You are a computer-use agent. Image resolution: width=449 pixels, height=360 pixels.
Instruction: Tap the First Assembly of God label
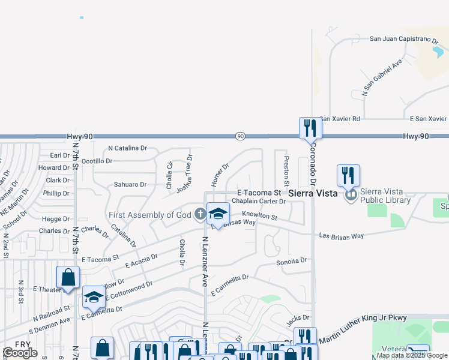(x=149, y=215)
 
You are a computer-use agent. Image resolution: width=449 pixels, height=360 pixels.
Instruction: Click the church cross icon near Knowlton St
(x=200, y=214)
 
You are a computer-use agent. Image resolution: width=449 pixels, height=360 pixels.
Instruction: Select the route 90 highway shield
(x=240, y=136)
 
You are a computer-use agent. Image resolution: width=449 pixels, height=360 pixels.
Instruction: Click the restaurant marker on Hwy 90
(x=310, y=128)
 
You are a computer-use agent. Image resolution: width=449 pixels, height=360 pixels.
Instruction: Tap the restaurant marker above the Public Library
(x=348, y=175)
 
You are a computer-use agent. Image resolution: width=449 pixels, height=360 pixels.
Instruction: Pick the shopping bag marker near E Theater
(x=68, y=277)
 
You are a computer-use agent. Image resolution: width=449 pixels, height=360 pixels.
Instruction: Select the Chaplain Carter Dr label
(x=258, y=201)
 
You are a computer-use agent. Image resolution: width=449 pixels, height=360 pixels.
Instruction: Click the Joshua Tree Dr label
(x=184, y=174)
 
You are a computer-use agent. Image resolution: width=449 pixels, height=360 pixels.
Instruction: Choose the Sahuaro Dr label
(x=130, y=185)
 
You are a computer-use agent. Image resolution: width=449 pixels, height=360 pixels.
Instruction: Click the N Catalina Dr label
(x=127, y=148)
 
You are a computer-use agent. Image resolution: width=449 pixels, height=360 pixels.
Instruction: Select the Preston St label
(x=286, y=171)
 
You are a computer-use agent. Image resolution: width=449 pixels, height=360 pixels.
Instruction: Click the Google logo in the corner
(x=20, y=353)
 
